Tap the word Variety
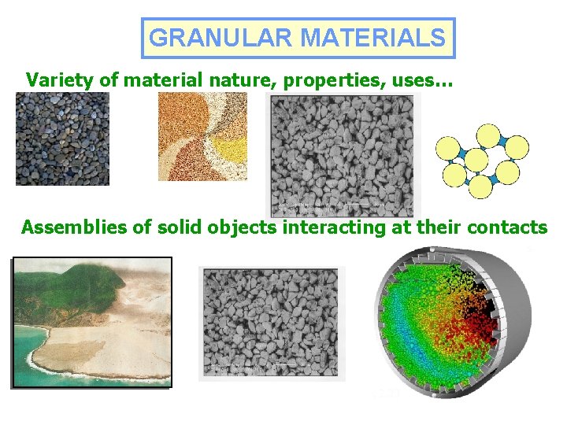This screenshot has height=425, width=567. click(x=57, y=79)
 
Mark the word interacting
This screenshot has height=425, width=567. click(x=333, y=228)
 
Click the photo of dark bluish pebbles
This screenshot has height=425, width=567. click(x=62, y=139)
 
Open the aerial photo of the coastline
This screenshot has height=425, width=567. click(x=91, y=323)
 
